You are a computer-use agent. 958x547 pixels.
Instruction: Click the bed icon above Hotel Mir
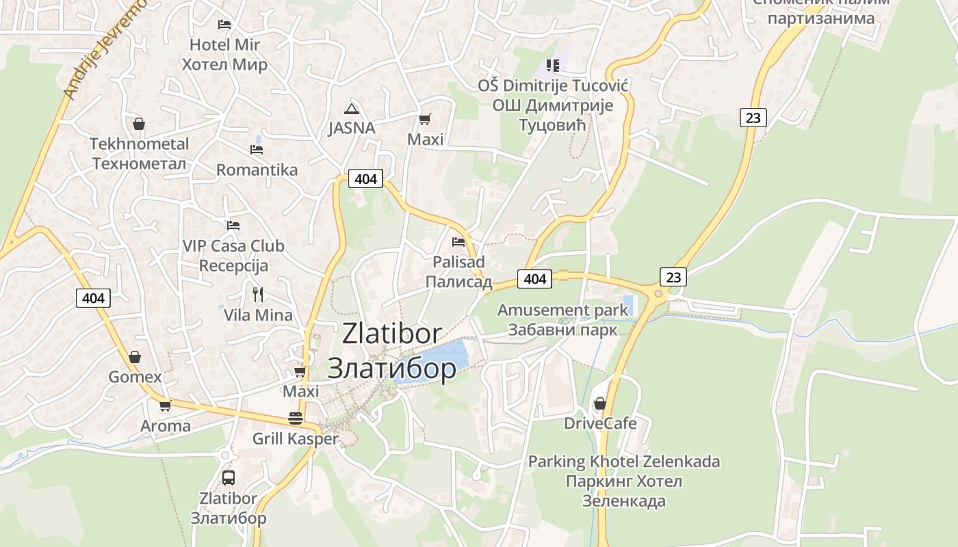click(x=224, y=24)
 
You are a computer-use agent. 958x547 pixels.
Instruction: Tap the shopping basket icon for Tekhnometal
click(x=139, y=124)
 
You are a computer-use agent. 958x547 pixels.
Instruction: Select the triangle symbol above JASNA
click(x=352, y=109)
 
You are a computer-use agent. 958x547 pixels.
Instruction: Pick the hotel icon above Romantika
click(x=257, y=149)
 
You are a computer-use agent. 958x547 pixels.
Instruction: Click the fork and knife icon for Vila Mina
click(x=258, y=295)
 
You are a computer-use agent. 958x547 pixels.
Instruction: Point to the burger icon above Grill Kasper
click(x=296, y=418)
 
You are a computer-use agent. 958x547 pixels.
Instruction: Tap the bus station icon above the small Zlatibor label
click(x=229, y=478)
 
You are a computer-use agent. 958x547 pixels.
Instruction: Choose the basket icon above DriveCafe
click(x=600, y=403)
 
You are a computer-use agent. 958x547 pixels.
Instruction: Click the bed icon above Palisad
click(x=458, y=241)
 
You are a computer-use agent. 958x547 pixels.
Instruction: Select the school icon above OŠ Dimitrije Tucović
click(x=553, y=66)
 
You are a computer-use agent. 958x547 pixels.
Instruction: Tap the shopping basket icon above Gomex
click(x=135, y=356)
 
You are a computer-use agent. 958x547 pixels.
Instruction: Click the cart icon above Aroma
click(x=165, y=405)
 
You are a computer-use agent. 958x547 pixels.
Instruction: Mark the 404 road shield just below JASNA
click(x=366, y=178)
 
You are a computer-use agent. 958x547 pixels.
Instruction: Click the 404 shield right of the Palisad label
click(x=535, y=278)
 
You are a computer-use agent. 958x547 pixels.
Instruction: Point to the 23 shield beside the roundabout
click(x=674, y=276)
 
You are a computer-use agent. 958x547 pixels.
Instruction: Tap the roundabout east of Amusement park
click(x=658, y=293)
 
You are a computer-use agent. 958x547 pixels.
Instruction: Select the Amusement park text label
click(x=562, y=310)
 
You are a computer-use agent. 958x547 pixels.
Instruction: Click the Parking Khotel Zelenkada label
click(x=623, y=462)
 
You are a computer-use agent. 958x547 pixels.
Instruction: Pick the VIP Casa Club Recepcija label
click(x=233, y=255)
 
